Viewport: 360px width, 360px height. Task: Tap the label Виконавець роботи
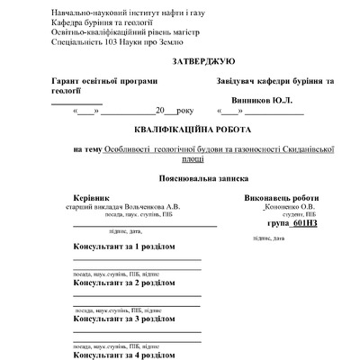coord(281,196)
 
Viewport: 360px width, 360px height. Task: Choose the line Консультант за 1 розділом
coord(123,245)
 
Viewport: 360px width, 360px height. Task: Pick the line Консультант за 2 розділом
coord(123,282)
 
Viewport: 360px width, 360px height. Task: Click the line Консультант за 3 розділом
coord(123,318)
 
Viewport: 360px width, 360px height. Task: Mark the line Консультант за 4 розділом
coord(123,355)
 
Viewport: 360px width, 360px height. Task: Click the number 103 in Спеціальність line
coord(108,42)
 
